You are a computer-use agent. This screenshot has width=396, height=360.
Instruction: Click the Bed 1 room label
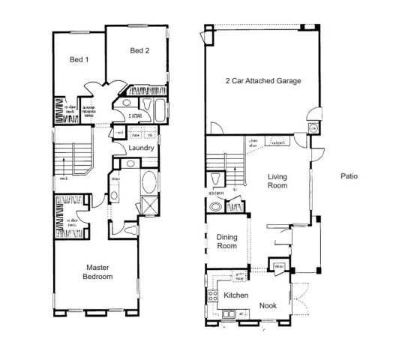click(76, 59)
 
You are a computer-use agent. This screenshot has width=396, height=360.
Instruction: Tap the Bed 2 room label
click(140, 51)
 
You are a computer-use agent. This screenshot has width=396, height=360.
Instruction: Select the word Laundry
click(141, 148)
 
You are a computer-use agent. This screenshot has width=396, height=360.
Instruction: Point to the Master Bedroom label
click(98, 271)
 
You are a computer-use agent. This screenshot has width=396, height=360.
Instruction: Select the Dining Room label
click(226, 241)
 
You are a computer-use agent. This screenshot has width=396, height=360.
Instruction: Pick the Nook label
click(268, 305)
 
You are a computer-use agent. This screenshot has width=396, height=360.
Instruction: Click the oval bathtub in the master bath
click(148, 181)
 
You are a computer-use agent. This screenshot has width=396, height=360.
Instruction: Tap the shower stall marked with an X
click(148, 206)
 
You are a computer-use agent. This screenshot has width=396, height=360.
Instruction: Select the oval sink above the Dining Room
click(217, 208)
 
